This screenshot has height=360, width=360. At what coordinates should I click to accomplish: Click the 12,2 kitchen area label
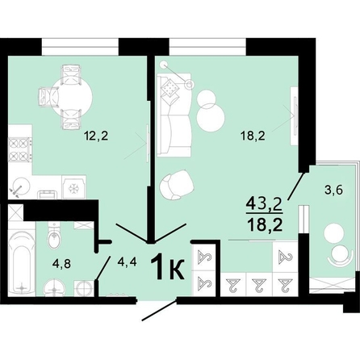96,136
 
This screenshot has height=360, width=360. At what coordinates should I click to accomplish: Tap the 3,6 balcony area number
333,190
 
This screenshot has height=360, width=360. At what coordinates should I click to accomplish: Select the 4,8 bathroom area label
61,264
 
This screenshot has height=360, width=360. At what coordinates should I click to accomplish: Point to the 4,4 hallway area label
128,262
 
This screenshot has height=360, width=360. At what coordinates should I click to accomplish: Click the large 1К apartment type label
168,267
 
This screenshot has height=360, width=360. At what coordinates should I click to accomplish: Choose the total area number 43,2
264,205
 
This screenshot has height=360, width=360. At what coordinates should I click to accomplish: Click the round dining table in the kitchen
72,97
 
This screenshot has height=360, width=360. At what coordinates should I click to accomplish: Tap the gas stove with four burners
19,150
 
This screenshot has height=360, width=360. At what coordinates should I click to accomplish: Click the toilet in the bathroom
54,236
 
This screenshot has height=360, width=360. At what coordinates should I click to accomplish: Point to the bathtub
22,262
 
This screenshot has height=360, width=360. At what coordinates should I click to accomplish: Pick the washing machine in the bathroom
84,288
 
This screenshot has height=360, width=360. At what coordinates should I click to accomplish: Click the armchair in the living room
177,185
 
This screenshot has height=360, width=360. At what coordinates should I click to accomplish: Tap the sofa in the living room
174,115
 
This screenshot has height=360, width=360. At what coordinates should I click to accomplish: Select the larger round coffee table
211,118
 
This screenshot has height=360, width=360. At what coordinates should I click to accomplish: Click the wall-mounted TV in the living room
295,116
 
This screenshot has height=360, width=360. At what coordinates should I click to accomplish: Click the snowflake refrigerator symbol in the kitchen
73,188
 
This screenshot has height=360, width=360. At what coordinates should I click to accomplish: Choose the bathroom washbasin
55,288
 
